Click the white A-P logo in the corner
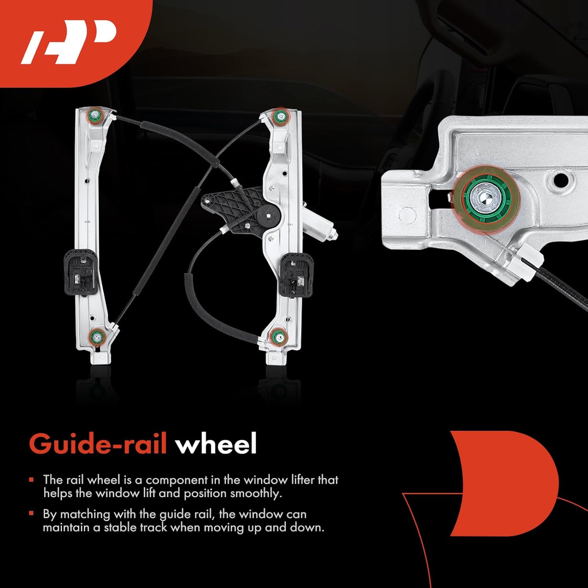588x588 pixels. click(69, 42)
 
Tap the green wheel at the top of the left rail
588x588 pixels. click(95, 115)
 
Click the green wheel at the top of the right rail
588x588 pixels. click(279, 116)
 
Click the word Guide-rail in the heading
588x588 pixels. click(98, 444)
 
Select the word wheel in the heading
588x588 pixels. click(216, 444)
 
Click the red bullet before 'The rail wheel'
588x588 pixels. click(31, 479)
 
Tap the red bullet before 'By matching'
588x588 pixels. click(31, 513)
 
